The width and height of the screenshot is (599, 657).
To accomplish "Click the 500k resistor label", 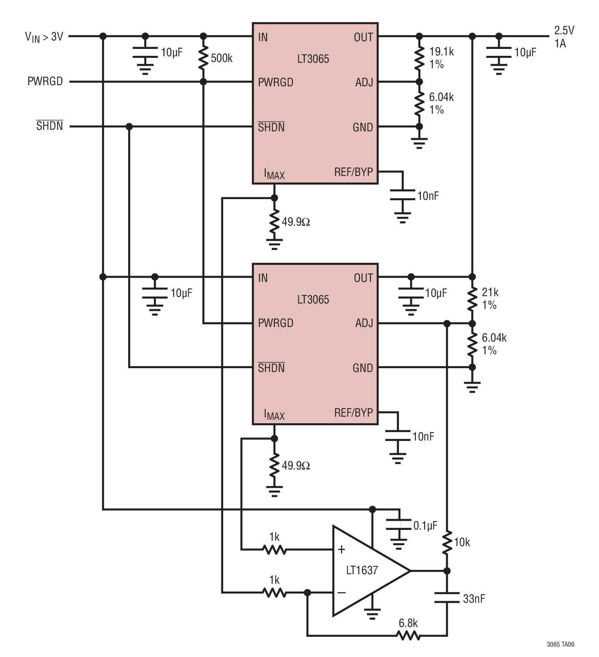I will (x=221, y=59).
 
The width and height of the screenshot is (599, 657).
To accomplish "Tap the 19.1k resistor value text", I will (x=441, y=52).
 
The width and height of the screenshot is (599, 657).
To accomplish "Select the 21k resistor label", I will (x=490, y=292).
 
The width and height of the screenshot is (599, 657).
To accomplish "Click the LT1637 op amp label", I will (x=361, y=570).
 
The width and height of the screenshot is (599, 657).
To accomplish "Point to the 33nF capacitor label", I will (x=474, y=599).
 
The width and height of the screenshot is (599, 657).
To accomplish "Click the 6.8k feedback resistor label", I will (x=408, y=623).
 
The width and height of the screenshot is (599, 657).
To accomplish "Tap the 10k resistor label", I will (x=462, y=542).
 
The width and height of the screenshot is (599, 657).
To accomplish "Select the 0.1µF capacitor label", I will (x=425, y=526).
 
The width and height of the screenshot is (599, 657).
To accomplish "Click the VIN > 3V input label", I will (x=44, y=37).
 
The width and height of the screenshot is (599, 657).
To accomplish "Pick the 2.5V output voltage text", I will (x=564, y=30).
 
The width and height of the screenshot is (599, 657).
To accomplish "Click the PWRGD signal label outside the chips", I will (x=45, y=82).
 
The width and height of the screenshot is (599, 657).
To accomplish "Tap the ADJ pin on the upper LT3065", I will (x=364, y=82).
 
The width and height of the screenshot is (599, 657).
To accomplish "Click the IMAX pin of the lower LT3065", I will (x=274, y=415).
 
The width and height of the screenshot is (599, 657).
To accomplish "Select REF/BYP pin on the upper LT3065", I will (x=353, y=172).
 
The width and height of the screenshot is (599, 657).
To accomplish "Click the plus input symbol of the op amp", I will (x=341, y=550).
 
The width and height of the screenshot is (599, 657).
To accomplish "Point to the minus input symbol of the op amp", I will (x=341, y=593).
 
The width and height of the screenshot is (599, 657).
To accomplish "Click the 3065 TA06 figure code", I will (x=560, y=644).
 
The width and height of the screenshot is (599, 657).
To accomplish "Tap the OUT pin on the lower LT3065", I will (x=363, y=278).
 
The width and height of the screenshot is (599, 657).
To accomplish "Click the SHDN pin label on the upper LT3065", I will (x=271, y=127).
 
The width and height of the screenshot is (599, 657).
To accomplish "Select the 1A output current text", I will (x=560, y=44).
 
